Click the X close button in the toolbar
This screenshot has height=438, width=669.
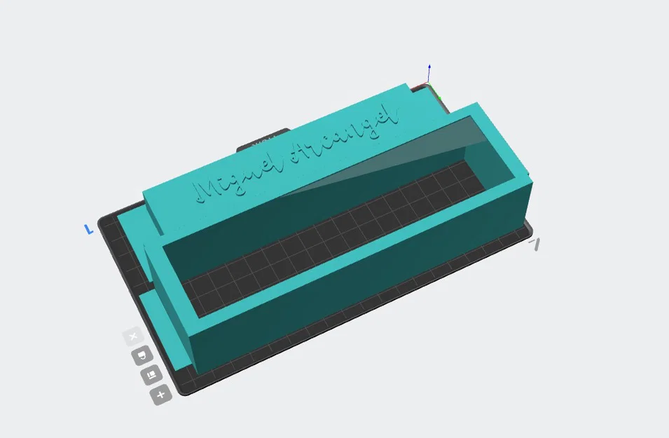(x=133, y=337)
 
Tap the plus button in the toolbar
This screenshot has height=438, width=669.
(x=160, y=395)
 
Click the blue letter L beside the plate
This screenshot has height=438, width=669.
(x=89, y=229)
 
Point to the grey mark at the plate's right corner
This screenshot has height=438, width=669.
(x=535, y=244)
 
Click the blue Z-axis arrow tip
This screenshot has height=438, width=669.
(x=429, y=67)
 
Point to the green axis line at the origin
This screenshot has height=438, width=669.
(x=434, y=91)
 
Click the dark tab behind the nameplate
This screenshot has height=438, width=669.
(x=262, y=141)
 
